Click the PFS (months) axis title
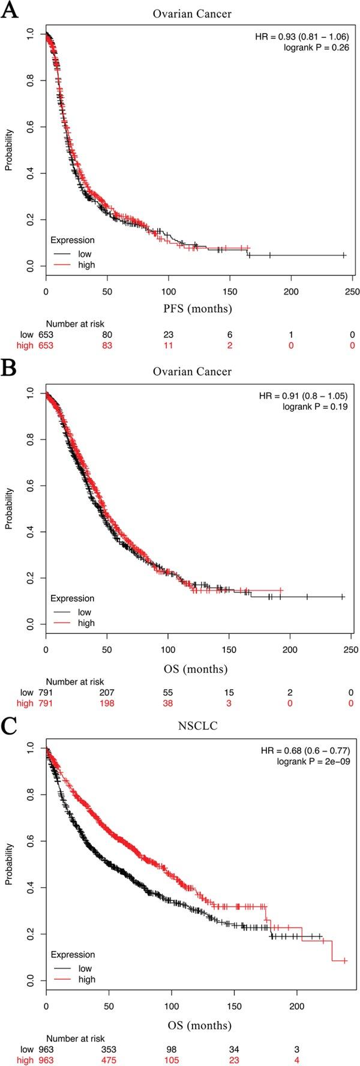pyautogui.click(x=198, y=310)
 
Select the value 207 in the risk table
pyautogui.click(x=107, y=693)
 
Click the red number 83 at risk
pyautogui.click(x=107, y=346)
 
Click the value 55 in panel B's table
pyautogui.click(x=169, y=693)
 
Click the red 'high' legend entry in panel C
pyautogui.click(x=86, y=980)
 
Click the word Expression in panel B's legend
pyautogui.click(x=72, y=598)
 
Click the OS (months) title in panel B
pyautogui.click(x=198, y=668)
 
